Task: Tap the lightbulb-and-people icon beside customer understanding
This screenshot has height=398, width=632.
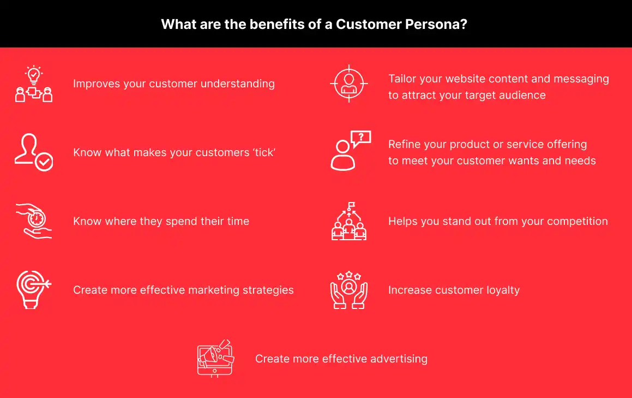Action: [x=34, y=84]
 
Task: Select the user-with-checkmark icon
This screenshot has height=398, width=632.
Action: [x=34, y=152]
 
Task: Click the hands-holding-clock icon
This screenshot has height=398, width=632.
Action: [x=34, y=221]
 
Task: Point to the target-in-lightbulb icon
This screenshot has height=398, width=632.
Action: [x=34, y=290]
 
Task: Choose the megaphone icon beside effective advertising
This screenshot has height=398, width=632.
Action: [x=215, y=359]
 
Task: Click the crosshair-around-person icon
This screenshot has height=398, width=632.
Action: [x=349, y=84]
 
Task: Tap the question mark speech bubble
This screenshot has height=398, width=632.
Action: [x=361, y=139]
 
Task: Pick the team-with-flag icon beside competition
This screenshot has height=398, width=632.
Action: [x=349, y=221]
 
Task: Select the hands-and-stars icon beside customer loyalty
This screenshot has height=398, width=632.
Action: [x=349, y=290]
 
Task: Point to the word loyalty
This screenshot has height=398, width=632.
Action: [x=503, y=290]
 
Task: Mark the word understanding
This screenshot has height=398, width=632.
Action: [x=237, y=84]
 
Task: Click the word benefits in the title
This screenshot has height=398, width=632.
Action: [x=277, y=24]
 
